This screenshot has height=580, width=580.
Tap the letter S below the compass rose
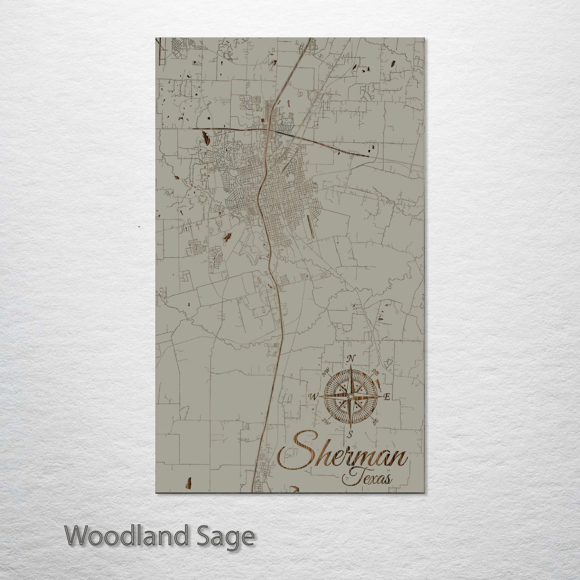point(350,433)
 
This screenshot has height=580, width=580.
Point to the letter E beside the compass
point(387,397)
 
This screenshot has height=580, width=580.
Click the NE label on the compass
point(376,372)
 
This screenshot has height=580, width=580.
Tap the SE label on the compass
point(376,422)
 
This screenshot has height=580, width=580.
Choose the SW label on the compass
point(326,421)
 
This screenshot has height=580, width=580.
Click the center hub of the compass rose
point(350,397)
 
